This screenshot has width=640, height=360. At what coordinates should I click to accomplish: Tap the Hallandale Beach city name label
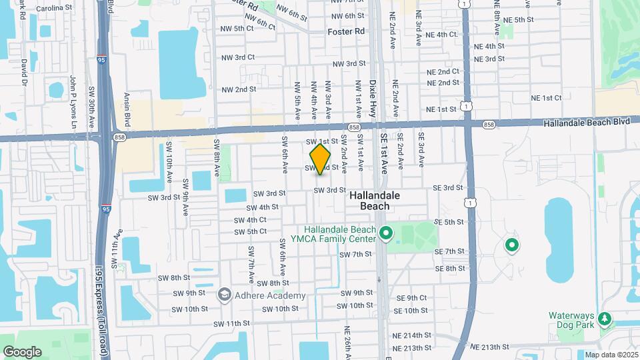[x=375, y=201]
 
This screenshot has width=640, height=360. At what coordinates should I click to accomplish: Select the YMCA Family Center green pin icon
[x=385, y=234]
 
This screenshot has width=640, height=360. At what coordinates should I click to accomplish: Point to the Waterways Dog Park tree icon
[x=605, y=320]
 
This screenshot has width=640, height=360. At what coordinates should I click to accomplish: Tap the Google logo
[x=22, y=351]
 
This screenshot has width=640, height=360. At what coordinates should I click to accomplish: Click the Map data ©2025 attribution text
[x=610, y=355]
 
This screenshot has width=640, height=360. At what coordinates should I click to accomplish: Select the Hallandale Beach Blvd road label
[x=586, y=123]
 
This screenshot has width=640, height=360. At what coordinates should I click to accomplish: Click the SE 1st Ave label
[x=385, y=153]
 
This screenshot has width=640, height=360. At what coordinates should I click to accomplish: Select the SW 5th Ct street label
[x=250, y=231]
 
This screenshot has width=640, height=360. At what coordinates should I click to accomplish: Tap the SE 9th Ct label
[x=411, y=298]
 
